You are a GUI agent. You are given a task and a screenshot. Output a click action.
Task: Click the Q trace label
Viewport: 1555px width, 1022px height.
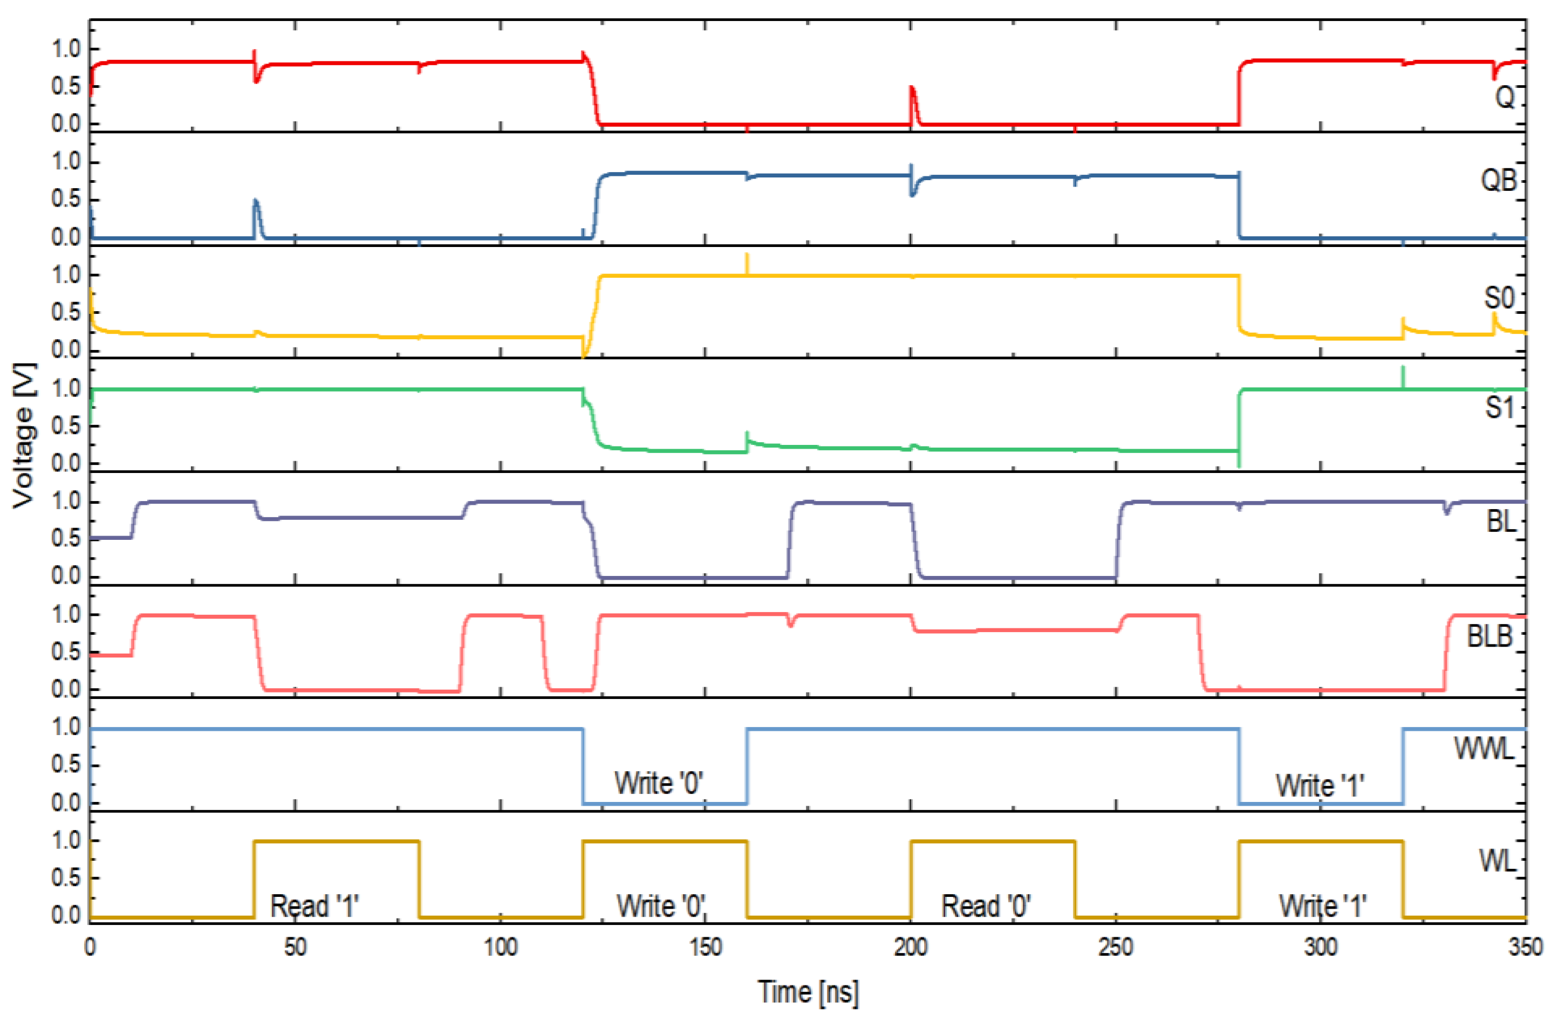[1504, 98]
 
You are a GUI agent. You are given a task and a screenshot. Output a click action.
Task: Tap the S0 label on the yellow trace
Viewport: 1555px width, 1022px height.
[1499, 298]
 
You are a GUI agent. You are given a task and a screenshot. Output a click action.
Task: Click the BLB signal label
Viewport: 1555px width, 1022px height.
[1490, 636]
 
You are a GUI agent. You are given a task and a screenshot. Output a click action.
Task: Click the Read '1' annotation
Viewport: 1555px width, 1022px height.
[314, 907]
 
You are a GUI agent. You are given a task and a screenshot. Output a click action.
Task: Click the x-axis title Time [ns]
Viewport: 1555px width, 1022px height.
[808, 992]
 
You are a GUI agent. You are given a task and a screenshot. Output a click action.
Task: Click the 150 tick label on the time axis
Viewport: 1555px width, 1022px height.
[706, 948]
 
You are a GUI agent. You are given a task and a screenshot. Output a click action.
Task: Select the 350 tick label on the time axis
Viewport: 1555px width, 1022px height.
[1525, 948]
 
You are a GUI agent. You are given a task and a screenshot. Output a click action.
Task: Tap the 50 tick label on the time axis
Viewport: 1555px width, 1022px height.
[295, 948]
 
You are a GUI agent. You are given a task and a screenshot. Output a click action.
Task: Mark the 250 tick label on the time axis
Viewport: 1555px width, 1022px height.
[1116, 948]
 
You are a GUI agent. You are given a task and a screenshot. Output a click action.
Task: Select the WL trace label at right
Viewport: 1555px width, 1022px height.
[1497, 862]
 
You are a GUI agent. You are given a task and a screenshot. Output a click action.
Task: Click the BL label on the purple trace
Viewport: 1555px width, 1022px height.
[1501, 522]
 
